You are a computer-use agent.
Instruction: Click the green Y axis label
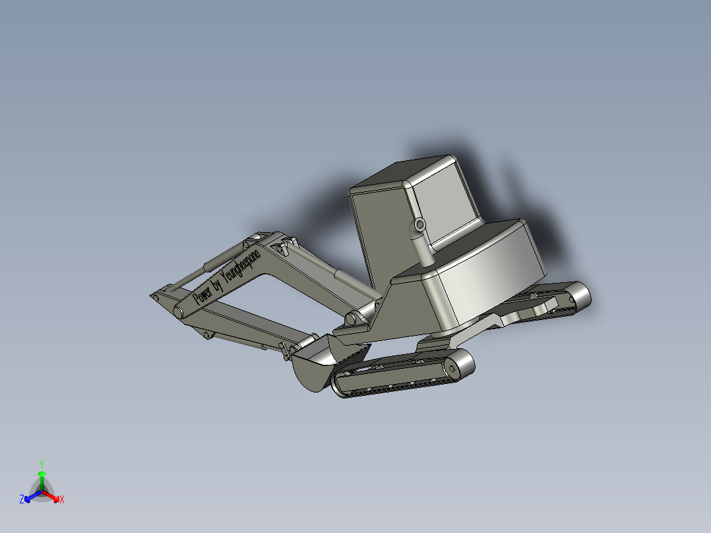pos(42,463)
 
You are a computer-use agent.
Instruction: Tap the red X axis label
pos(62,500)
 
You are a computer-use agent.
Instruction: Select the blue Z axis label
pos(22,500)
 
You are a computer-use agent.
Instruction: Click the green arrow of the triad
pos(42,478)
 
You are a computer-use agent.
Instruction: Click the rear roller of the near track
pos(460,364)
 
